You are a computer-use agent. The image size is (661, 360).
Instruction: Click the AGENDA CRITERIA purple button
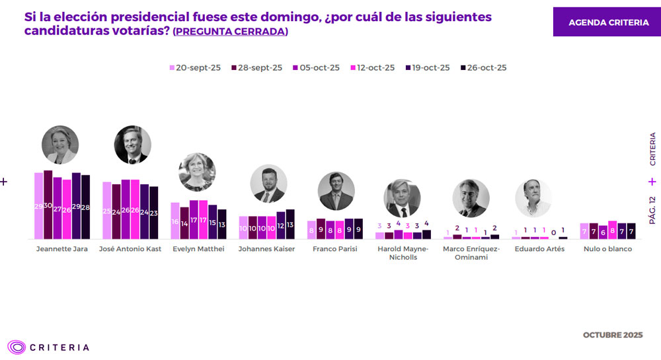pyautogui.click(x=608, y=22)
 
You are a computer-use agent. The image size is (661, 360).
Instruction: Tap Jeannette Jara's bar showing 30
pyautogui.click(x=48, y=205)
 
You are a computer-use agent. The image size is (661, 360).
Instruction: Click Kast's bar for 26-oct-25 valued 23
pyautogui.click(x=153, y=213)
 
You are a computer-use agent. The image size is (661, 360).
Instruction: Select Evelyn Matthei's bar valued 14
pyautogui.click(x=184, y=223)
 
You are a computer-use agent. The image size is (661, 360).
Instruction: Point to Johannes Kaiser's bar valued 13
pyautogui.click(x=290, y=224)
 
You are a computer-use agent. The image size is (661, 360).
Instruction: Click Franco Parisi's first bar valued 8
pyautogui.click(x=311, y=230)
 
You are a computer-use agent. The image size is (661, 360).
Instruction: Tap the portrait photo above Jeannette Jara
pyautogui.click(x=60, y=145)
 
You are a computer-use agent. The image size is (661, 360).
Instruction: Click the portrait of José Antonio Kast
pyautogui.click(x=132, y=145)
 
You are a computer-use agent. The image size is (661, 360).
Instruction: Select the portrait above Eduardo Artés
pyautogui.click(x=533, y=198)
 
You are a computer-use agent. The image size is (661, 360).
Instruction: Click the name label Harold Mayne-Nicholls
pyautogui.click(x=403, y=253)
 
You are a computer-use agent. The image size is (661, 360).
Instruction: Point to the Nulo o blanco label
pyautogui.click(x=607, y=249)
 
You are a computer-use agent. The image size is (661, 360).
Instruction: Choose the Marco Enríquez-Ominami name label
pyautogui.click(x=471, y=253)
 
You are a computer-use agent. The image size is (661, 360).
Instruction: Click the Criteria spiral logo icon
pyautogui.click(x=17, y=347)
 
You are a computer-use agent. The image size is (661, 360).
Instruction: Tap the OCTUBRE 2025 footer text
pyautogui.click(x=612, y=336)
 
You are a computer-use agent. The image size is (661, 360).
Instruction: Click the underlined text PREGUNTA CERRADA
pyautogui.click(x=230, y=32)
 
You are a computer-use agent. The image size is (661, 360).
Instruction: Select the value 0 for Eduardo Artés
pyautogui.click(x=553, y=233)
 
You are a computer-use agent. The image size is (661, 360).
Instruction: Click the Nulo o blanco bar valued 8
pyautogui.click(x=612, y=230)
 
